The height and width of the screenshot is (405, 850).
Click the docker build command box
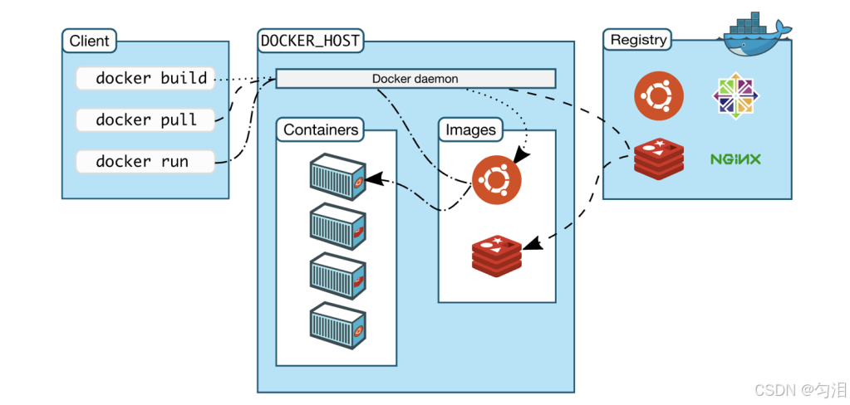pyautogui.click(x=145, y=79)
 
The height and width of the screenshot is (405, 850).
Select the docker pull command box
pyautogui.click(x=145, y=120)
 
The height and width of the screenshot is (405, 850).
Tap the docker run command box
pyautogui.click(x=145, y=161)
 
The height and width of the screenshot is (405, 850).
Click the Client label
pyautogui.click(x=89, y=41)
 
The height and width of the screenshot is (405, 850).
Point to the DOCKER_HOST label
pyautogui.click(x=311, y=40)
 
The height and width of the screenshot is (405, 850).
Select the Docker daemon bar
pyautogui.click(x=415, y=79)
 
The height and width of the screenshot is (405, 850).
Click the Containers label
pyautogui.click(x=321, y=129)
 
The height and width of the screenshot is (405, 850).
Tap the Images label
pyautogui.click(x=470, y=129)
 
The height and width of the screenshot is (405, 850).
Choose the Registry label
pyautogui.click(x=638, y=40)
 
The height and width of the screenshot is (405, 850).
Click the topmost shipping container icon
pyautogui.click(x=337, y=176)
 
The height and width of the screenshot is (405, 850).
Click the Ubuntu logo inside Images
pyautogui.click(x=497, y=179)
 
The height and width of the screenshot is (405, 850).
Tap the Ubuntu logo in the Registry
pyautogui.click(x=659, y=95)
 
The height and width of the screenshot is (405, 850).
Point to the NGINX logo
pyautogui.click(x=736, y=158)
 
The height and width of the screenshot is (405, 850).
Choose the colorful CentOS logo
pyautogui.click(x=736, y=95)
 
